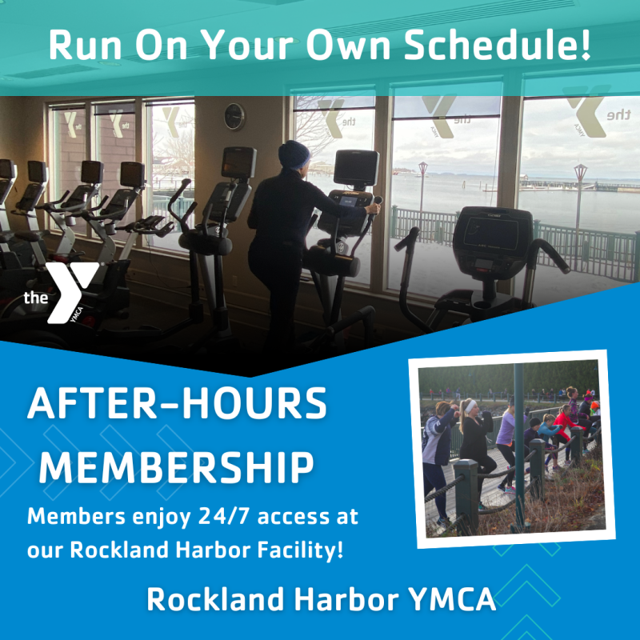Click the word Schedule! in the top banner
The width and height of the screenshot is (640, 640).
pos(497,45)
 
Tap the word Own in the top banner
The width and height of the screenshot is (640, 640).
pos(348,45)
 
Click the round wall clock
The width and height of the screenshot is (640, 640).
pos(234,116)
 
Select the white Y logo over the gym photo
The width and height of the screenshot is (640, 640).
pos(72,292)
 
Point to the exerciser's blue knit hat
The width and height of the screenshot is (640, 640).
pos(294,154)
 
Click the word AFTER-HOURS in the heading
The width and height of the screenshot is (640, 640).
pos(177,403)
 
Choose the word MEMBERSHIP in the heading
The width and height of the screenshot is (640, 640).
pos(176,466)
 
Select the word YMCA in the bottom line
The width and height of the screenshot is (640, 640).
pos(452,598)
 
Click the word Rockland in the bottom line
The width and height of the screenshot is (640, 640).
pos(215,598)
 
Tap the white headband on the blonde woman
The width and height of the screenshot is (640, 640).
pos(470,406)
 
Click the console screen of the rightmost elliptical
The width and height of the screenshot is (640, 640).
pos(493,232)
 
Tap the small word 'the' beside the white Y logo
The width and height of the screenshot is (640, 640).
pos(36,298)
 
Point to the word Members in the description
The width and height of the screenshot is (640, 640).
pos(76,516)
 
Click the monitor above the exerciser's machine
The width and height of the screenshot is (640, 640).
pos(356,167)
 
